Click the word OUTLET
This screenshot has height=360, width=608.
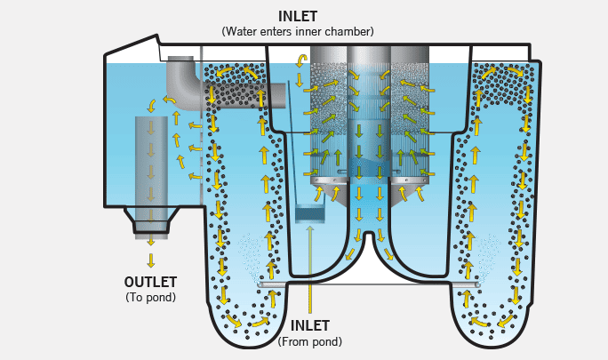point(151,282)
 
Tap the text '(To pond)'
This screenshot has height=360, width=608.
point(151,297)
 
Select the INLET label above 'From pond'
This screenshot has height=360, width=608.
point(309,326)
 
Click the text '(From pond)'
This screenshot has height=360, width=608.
point(309,341)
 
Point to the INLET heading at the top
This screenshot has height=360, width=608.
point(298,16)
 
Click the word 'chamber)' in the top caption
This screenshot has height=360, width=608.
point(350,31)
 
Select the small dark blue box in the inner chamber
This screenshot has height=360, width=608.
point(310,214)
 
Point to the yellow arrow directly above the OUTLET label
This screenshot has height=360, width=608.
point(151,260)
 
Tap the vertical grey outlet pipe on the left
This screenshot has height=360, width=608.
point(150,160)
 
